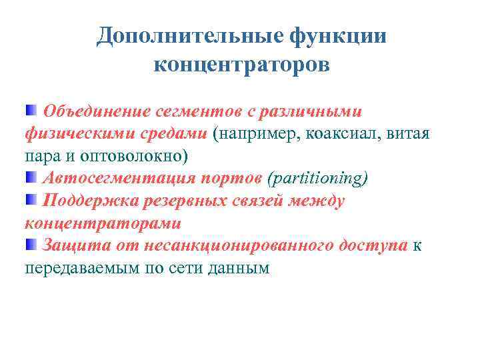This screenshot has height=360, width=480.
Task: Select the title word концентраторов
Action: [x=241, y=65]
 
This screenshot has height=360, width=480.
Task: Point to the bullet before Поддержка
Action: [x=31, y=200]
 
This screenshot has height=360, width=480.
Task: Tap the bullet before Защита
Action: [x=31, y=245]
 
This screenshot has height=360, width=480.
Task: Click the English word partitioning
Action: [x=317, y=179]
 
